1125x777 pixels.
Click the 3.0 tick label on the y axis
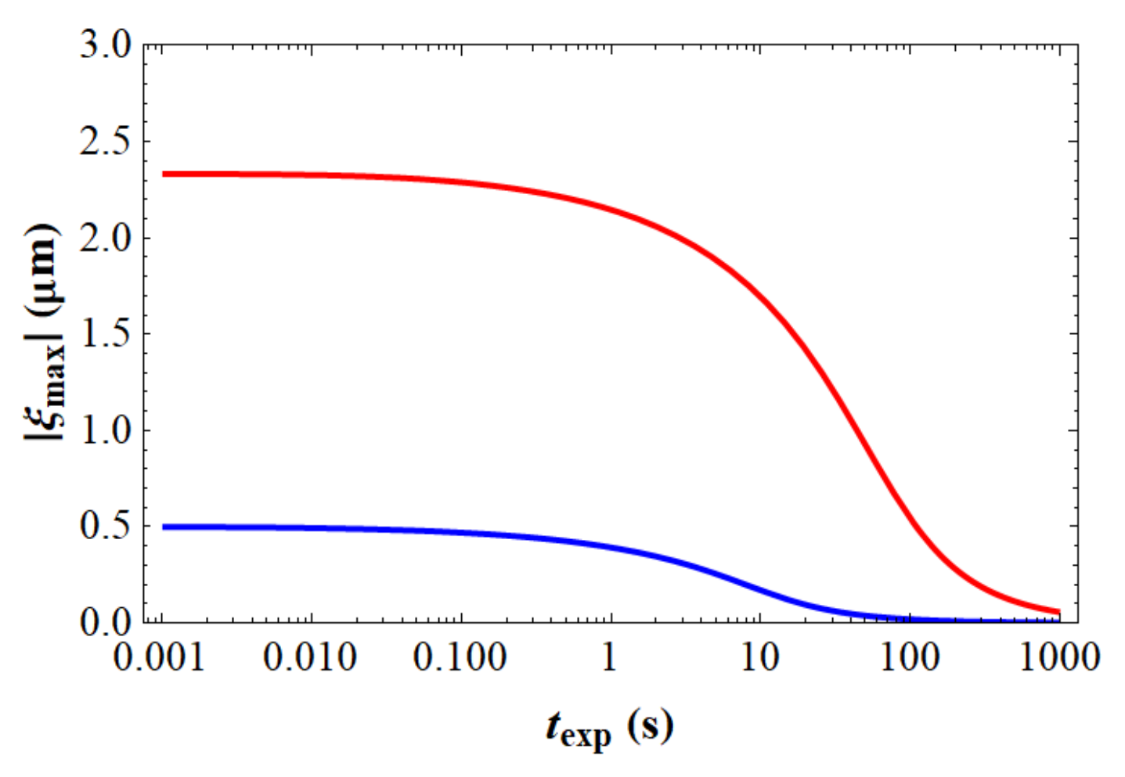coord(106,46)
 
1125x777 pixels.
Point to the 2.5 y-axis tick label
coord(106,142)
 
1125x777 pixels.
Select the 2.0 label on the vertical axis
coord(106,239)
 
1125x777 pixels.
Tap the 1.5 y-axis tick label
coord(106,334)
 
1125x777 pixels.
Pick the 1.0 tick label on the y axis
coord(106,430)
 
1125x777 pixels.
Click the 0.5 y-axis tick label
coord(106,526)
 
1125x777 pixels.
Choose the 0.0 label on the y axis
coord(106,622)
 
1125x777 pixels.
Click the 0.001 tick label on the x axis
coord(160,657)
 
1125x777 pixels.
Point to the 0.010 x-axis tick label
coord(310,657)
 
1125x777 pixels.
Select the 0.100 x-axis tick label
coord(460,657)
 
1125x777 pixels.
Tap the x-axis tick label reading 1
coord(609,657)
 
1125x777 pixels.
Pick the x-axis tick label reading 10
coord(759,657)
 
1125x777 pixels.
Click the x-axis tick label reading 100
coord(910,657)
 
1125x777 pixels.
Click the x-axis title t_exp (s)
coord(609,728)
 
